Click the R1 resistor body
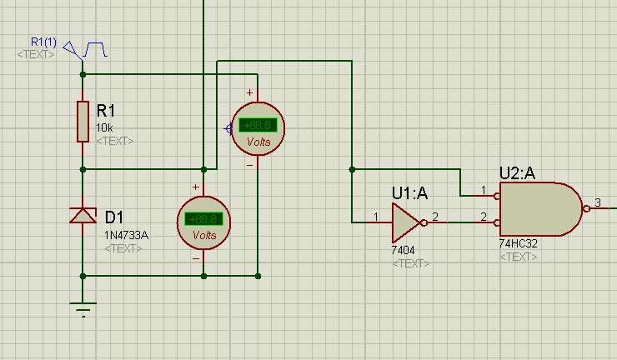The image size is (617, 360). pos(83,122)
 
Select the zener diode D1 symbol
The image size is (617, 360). pos(83,217)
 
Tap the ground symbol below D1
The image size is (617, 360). pos(83,310)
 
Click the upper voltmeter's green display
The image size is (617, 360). pos(258,126)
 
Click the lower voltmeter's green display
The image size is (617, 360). pos(204,220)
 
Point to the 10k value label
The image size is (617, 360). pos(105,127)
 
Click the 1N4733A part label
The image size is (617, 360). pos(126,235)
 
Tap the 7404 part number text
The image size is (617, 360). pos(404,250)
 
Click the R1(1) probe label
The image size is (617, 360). pos(43,42)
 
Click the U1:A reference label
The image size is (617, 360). pos(409,193)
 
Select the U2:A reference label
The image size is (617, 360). pos(517,172)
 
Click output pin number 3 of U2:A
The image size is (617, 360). pos(597,202)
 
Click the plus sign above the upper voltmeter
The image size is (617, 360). pos(248,92)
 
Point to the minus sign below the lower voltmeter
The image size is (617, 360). pos(197,258)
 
